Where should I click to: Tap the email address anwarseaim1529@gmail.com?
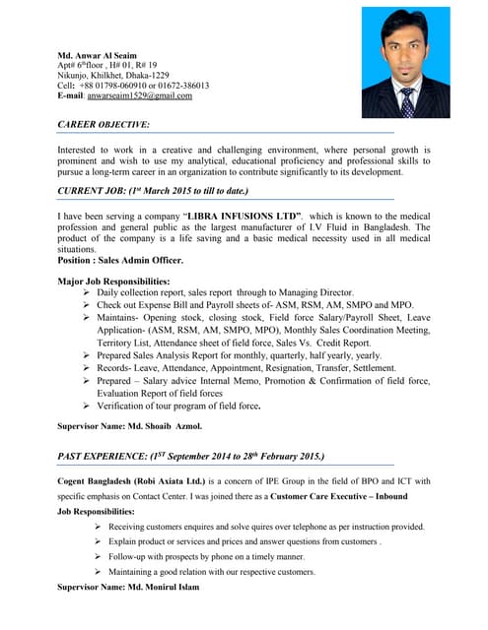[x=140, y=96]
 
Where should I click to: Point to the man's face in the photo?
[x=405, y=55]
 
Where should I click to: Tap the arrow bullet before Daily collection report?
[x=88, y=293]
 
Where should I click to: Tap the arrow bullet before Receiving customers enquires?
[x=99, y=527]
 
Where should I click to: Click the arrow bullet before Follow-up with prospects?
[x=99, y=556]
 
